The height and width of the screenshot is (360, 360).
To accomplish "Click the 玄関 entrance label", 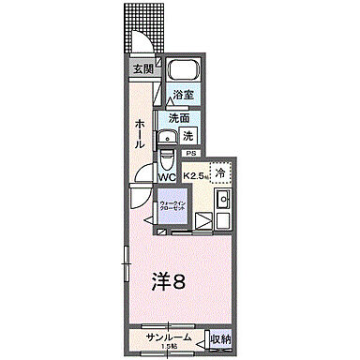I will coord(142,68).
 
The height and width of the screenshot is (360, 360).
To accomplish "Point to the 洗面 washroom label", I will coord(178,118).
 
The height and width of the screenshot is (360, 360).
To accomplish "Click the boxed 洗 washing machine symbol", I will coord(187,134).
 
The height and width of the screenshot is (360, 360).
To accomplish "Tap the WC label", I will coord(167,174).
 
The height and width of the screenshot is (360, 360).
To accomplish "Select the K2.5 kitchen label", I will coord(195,175).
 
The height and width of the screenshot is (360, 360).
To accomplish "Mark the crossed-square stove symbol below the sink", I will coord(204,222).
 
